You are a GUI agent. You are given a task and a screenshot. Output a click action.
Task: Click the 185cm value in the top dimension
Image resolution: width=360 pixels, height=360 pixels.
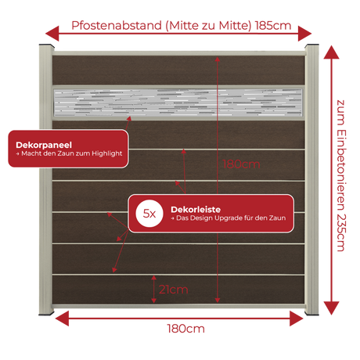coord(273,26)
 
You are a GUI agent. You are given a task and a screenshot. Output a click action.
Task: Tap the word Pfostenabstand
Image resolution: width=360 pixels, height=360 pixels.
coord(117,26)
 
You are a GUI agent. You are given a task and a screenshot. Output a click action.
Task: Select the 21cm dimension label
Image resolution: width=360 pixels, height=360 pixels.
coord(174,290)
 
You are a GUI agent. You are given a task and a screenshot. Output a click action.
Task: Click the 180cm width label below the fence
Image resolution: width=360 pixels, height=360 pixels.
coord(185,329)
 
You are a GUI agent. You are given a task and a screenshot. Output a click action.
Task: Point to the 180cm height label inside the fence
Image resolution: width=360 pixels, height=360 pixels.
coord(241,164)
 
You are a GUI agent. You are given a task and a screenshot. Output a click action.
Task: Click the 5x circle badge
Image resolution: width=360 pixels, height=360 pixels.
coord(149,214)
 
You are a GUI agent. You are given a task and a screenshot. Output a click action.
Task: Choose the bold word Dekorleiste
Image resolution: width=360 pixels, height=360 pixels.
coord(196,210)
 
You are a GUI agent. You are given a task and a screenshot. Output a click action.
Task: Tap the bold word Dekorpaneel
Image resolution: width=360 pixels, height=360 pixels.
coord(44,145)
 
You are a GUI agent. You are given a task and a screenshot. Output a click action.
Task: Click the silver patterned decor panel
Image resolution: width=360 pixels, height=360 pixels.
coord(178,103)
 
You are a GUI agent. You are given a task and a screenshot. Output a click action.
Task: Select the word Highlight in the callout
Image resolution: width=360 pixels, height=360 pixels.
coord(106,153)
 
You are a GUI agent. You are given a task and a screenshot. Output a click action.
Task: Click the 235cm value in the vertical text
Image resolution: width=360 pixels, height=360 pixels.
coord(341,232)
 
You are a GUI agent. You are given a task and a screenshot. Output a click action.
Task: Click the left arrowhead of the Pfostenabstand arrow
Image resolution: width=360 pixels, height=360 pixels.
coord(52,34)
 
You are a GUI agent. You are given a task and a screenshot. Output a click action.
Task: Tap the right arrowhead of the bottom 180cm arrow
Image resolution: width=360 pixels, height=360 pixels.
coord(297,319)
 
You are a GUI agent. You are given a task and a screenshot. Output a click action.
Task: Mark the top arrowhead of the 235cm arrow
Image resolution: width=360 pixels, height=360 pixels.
coord(331,52)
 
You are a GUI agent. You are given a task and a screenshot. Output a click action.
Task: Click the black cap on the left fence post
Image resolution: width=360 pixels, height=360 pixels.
coord(47,46)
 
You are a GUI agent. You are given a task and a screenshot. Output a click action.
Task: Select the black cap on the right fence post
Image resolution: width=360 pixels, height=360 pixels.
coord(312,46)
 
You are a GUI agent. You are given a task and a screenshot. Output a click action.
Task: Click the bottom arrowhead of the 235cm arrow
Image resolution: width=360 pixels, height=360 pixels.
coord(331,308)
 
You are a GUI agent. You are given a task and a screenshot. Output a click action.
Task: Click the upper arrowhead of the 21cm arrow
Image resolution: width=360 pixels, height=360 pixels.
coord(154,278)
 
